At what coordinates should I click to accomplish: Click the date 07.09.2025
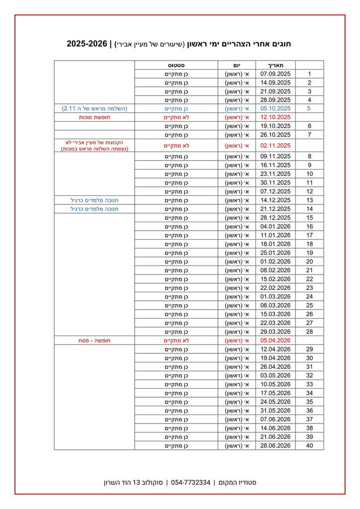pyautogui.click(x=275, y=74)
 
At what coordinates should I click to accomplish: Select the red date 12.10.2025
pyautogui.click(x=275, y=117)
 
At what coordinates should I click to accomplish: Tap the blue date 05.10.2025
pyautogui.click(x=275, y=108)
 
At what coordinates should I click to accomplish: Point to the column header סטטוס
pyautogui.click(x=176, y=65)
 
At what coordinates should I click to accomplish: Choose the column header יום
pyautogui.click(x=237, y=65)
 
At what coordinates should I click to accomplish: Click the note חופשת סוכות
pyautogui.click(x=94, y=117)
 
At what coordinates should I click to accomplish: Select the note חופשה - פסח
pyautogui.click(x=94, y=340)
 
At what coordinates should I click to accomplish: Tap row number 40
pyautogui.click(x=309, y=445)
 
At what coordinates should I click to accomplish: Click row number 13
pyautogui.click(x=309, y=200)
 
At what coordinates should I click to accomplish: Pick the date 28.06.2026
pyautogui.click(x=275, y=445)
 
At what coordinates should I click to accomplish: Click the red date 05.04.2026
pyautogui.click(x=275, y=340)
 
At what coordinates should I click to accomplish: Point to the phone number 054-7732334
pyautogui.click(x=190, y=483)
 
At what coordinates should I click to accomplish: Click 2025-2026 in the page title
pyautogui.click(x=87, y=44)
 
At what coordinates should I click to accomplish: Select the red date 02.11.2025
pyautogui.click(x=275, y=146)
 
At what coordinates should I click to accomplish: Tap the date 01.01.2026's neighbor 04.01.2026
pyautogui.click(x=275, y=226)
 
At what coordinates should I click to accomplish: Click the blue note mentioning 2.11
pyautogui.click(x=94, y=108)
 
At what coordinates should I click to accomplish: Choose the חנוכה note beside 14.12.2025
pyautogui.click(x=94, y=200)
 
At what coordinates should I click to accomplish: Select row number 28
pyautogui.click(x=309, y=332)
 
